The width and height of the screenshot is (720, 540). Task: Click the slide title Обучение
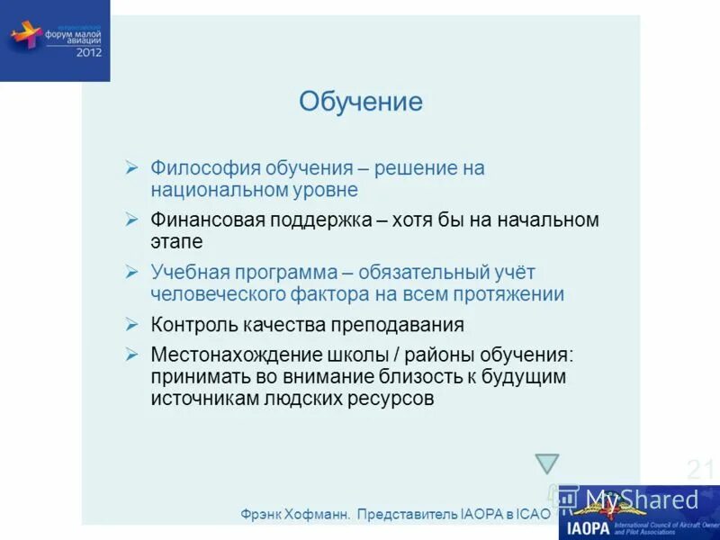360,102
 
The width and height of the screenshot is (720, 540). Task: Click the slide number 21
700,470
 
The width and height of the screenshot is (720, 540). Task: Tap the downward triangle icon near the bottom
547,463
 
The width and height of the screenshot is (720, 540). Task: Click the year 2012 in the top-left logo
88,52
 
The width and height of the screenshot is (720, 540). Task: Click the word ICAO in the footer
532,514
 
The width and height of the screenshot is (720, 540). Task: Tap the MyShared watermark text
642,499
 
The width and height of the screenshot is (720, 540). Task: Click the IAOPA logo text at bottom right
589,526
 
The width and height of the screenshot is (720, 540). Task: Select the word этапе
176,242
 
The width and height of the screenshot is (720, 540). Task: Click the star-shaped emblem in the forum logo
26,37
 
